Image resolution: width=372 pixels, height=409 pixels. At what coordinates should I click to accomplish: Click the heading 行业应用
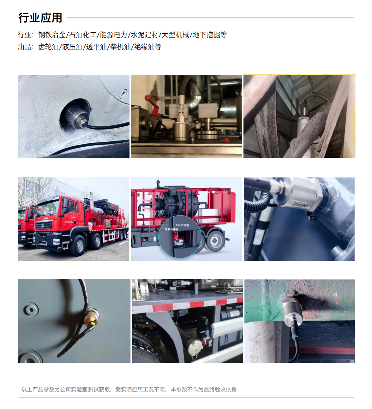40,18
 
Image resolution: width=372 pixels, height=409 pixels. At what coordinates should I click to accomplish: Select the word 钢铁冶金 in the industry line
52,35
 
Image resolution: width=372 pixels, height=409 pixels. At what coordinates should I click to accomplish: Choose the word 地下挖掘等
210,35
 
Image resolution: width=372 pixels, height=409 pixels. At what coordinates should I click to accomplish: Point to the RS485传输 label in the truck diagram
182,225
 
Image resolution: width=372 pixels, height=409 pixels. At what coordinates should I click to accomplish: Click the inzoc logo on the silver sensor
301,205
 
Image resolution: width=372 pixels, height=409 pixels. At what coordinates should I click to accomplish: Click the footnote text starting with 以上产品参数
129,390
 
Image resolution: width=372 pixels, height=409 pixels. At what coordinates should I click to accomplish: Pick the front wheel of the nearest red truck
78,245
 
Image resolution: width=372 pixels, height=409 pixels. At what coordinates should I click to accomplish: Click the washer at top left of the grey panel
31,310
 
